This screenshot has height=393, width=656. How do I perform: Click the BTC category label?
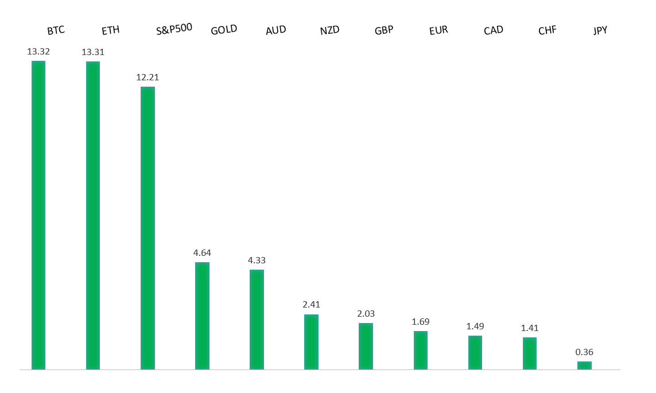(x=56, y=30)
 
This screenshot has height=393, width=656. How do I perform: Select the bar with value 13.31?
(x=93, y=215)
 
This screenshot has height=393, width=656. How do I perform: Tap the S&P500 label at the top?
(x=174, y=30)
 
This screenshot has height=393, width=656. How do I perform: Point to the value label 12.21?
(x=147, y=77)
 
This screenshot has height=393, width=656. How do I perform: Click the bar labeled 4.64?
(x=202, y=316)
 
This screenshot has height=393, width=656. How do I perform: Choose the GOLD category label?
(x=223, y=30)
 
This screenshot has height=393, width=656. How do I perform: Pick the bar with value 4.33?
(x=257, y=319)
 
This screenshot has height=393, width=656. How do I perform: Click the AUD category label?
(x=275, y=30)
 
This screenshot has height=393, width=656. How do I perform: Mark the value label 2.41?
(x=312, y=305)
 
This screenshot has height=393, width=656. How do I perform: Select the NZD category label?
(x=330, y=30)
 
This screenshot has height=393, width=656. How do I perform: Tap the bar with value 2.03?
(x=366, y=346)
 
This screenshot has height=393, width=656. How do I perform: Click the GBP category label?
(x=384, y=30)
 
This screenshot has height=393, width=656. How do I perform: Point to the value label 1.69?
(x=421, y=321)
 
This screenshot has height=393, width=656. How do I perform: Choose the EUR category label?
(x=438, y=30)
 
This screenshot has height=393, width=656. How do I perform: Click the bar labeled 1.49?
(x=475, y=352)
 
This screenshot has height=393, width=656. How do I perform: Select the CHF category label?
(x=547, y=30)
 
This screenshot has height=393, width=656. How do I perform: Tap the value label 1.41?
(x=530, y=328)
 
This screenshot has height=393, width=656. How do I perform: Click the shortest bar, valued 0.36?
(x=584, y=365)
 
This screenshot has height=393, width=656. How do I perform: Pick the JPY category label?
(x=600, y=30)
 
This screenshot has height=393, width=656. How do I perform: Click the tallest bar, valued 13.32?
(x=38, y=215)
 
